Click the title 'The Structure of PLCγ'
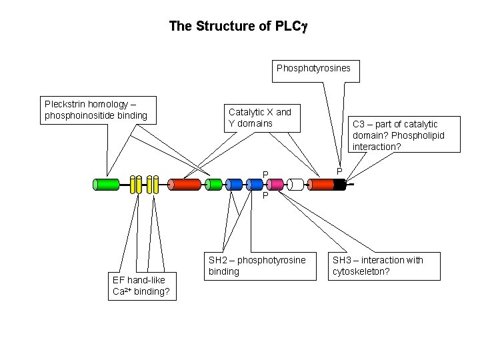237,27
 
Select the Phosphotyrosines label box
313,68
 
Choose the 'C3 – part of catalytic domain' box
405,135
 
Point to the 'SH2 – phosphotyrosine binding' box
257,265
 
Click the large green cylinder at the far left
105,185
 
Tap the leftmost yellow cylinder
133,185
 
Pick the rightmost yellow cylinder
155,185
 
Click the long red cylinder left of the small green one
185,185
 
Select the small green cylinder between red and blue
213,185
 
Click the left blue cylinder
233,185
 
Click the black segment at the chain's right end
339,185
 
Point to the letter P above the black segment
339,172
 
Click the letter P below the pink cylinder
265,197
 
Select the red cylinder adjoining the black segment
321,185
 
